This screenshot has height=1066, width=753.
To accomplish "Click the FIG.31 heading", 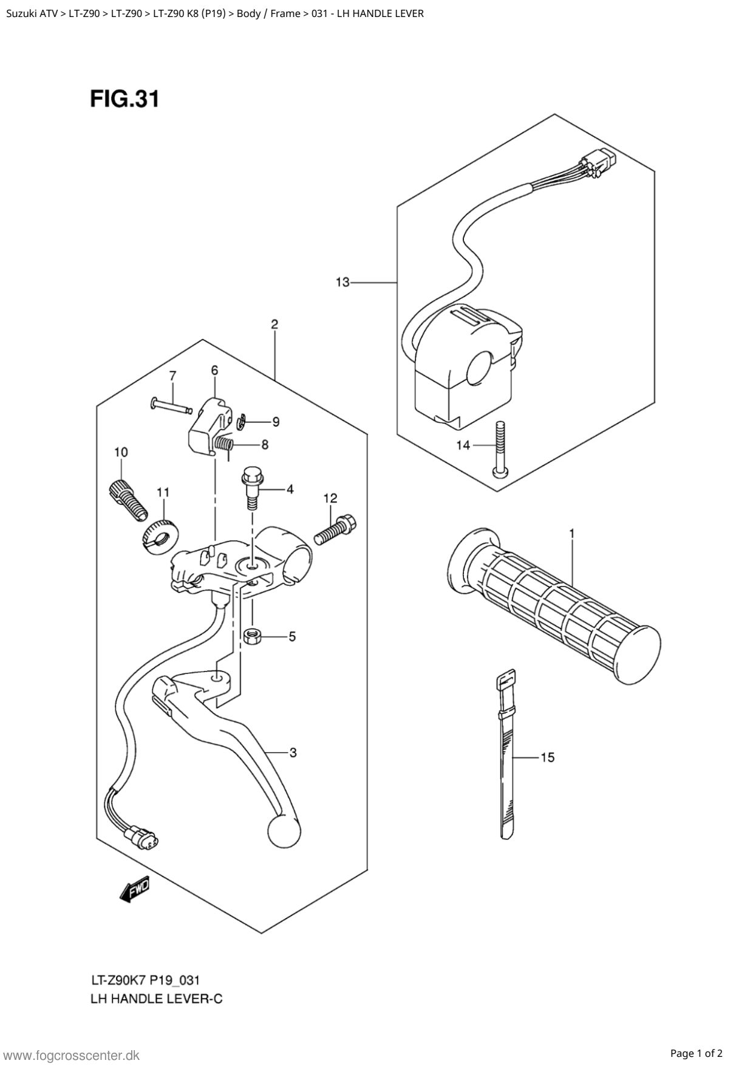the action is click(124, 98).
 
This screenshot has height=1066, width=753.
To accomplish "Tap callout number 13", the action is click(342, 282).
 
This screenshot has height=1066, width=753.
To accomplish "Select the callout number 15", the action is click(547, 757).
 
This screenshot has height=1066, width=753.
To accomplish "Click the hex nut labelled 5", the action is click(251, 636).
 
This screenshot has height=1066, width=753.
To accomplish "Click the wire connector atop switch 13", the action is click(599, 160).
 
